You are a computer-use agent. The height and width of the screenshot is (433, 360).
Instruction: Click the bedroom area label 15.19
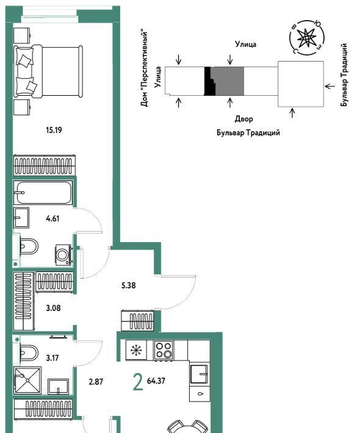point(54,130)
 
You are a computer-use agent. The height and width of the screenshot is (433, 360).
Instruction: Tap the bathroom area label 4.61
point(52,219)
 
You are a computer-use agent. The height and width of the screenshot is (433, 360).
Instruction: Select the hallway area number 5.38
point(129,285)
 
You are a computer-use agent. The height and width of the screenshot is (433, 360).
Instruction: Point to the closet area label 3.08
point(53,307)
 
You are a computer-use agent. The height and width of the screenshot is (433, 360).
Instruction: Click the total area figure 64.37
point(156,381)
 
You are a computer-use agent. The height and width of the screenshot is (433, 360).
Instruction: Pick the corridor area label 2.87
point(96,382)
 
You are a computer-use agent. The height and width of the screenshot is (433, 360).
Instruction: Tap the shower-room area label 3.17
point(52,358)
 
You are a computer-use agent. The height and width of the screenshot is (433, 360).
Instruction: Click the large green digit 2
point(138,382)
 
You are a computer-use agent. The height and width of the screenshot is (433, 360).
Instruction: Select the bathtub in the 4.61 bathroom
point(43,193)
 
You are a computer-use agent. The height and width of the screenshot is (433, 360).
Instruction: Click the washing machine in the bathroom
point(63,254)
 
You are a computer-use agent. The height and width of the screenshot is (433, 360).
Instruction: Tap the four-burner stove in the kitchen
point(164,350)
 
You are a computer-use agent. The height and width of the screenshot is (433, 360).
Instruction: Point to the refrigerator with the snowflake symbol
point(136,350)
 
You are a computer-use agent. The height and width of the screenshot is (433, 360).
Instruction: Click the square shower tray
point(27,381)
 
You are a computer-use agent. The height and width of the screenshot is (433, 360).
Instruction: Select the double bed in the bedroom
point(48,71)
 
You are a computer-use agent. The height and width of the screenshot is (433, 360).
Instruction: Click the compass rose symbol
point(307,37)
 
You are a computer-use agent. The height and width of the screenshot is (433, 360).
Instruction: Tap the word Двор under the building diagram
point(243,119)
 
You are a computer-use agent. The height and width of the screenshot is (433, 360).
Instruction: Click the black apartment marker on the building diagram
point(209,81)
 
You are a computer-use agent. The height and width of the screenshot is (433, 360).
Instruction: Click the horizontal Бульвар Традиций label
point(248,133)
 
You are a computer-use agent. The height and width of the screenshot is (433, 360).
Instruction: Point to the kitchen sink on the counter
point(199,374)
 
